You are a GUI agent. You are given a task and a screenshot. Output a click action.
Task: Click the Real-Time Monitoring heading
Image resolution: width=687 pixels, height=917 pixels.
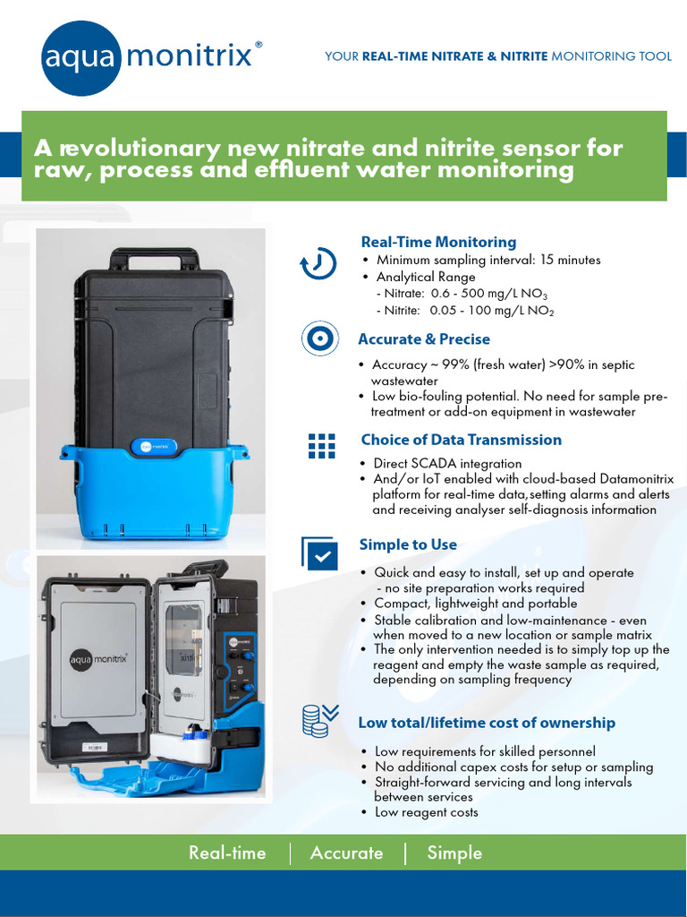tap(438, 242)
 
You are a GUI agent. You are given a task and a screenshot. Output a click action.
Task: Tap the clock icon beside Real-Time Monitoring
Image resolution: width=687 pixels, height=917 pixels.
tap(318, 264)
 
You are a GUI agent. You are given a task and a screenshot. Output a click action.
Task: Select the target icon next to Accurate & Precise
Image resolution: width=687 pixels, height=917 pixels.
tap(318, 339)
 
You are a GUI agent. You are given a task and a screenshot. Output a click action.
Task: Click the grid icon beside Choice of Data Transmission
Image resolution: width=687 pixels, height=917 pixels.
tap(320, 445)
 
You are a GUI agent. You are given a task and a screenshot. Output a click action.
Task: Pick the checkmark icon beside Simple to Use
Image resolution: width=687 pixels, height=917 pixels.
tap(319, 553)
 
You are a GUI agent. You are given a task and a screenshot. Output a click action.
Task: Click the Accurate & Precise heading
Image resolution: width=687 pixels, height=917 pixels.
tap(424, 339)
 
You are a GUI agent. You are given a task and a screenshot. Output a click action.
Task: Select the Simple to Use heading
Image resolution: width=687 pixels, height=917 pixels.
tap(408, 544)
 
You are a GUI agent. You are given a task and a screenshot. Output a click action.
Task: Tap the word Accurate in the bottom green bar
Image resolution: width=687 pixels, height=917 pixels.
tap(346, 853)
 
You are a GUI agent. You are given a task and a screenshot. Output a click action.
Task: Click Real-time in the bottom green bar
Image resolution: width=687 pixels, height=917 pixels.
tap(227, 853)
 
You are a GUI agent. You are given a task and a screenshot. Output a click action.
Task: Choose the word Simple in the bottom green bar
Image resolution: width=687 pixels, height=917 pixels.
tap(454, 853)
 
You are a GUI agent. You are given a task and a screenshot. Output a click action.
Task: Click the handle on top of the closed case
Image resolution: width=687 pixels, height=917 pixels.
tap(155, 259)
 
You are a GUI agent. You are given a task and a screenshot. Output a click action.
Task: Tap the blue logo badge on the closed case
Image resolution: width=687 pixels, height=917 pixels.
tap(154, 445)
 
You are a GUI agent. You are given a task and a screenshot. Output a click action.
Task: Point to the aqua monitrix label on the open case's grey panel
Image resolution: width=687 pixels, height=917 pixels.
tap(99, 662)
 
